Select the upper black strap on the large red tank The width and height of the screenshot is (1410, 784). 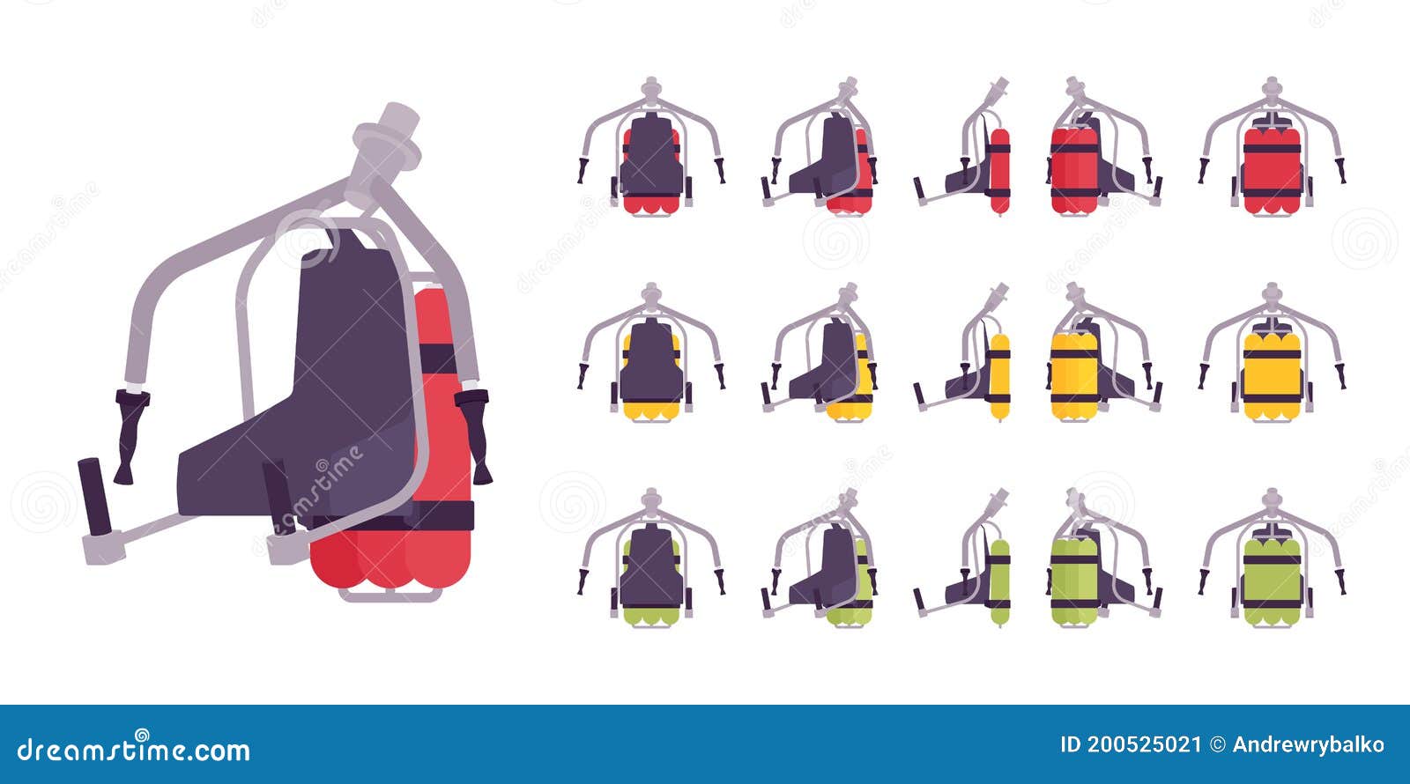pos(437,359)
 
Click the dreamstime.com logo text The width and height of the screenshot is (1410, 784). pos(134,750)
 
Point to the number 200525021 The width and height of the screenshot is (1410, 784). pos(1143,744)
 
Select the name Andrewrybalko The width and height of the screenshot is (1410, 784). pos(1308,744)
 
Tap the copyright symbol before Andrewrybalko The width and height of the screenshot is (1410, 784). pos(1217,744)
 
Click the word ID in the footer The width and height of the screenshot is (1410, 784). pos(1070,744)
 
